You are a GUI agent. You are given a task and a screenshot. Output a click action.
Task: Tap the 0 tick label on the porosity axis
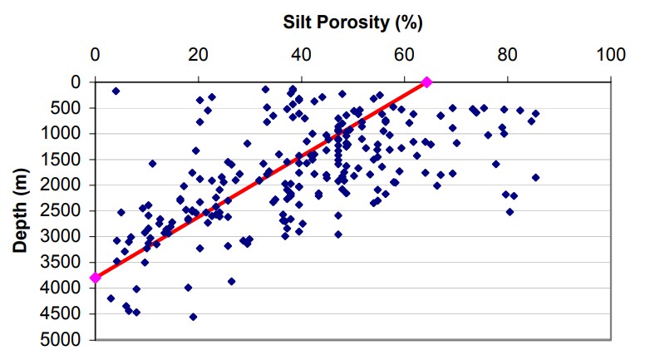click(96, 55)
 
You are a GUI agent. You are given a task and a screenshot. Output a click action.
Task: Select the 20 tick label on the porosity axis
click(198, 55)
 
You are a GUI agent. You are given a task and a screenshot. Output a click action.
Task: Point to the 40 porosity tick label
click(301, 55)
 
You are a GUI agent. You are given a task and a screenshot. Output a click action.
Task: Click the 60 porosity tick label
click(404, 55)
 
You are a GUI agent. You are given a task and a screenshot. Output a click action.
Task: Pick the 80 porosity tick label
click(507, 55)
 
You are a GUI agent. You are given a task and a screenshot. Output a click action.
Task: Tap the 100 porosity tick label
click(610, 55)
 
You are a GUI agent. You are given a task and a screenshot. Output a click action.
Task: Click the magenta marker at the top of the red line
click(427, 81)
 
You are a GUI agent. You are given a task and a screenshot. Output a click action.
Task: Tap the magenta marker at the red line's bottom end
click(96, 278)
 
